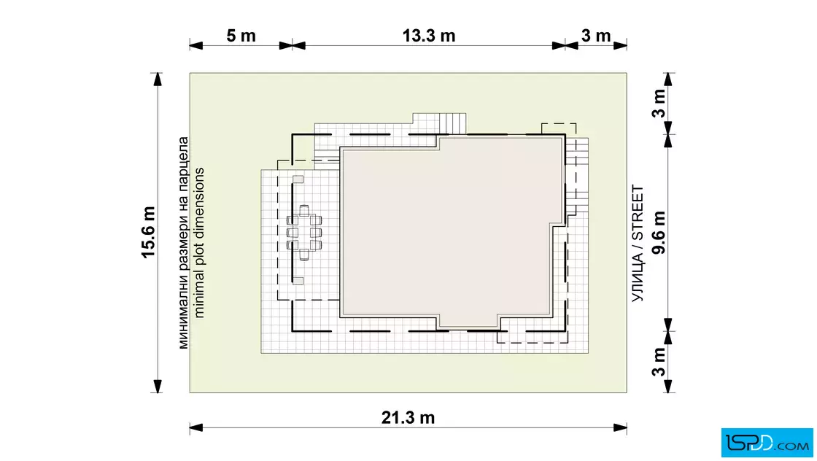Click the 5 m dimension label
pyautogui.click(x=241, y=36)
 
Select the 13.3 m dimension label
pyautogui.click(x=429, y=36)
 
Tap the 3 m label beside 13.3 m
pyautogui.click(x=596, y=36)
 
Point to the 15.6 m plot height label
pyautogui.click(x=149, y=232)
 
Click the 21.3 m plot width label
pyautogui.click(x=408, y=418)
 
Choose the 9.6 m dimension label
pyautogui.click(x=659, y=232)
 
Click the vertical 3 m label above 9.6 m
pyautogui.click(x=659, y=103)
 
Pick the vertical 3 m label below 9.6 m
pyautogui.click(x=659, y=362)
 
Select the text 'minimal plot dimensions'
pyautogui.click(x=199, y=243)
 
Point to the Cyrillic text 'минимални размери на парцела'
pyautogui.click(x=183, y=243)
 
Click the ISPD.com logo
pyautogui.click(x=767, y=442)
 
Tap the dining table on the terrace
pyautogui.click(x=304, y=232)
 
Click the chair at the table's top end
pyautogui.click(x=304, y=210)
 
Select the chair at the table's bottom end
pyautogui.click(x=304, y=255)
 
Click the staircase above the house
pyautogui.click(x=453, y=123)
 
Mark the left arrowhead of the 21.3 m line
pyautogui.click(x=196, y=428)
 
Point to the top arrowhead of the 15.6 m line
pyautogui.click(x=157, y=80)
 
